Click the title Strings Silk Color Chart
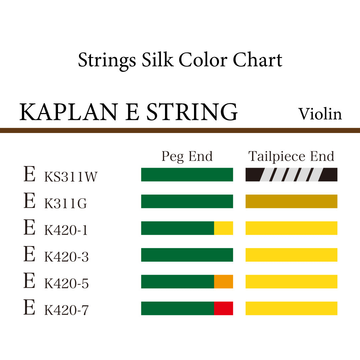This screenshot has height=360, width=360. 180,60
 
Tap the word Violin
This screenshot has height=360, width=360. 320,114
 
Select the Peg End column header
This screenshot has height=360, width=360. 187,156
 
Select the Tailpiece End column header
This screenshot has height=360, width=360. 291,156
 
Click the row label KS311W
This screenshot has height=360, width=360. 71,177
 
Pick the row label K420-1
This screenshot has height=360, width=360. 66,230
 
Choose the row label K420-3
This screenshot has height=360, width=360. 66,257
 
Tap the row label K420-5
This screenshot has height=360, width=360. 66,284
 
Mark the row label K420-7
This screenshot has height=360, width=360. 66,310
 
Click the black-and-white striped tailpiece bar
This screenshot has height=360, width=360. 291,175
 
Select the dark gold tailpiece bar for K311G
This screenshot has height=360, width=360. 291,201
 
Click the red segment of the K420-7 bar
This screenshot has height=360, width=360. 223,308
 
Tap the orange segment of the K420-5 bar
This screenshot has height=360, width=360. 223,282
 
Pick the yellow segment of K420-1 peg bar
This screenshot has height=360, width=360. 223,228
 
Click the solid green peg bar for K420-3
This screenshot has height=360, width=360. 187,255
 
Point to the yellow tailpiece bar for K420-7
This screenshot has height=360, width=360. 291,308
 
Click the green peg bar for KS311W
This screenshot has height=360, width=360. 187,175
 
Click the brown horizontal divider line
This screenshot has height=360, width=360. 180,130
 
